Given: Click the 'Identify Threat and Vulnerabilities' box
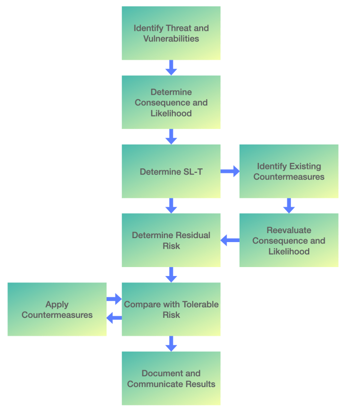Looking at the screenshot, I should [171, 33].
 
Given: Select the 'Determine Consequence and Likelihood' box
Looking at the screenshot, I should [171, 102].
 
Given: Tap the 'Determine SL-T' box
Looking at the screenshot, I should [171, 171].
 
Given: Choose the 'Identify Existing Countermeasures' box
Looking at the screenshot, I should [289, 171].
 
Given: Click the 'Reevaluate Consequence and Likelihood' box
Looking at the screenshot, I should [289, 240].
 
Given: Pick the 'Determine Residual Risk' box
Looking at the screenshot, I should [171, 240].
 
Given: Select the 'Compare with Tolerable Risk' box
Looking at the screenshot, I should [171, 309].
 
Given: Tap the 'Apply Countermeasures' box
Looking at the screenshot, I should [57, 309].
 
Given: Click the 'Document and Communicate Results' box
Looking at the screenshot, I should [171, 378].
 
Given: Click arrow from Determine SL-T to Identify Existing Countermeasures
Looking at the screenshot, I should [230, 171].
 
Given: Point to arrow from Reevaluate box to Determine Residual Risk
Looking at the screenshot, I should [230, 241].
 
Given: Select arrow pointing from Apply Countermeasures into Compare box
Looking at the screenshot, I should [114, 299].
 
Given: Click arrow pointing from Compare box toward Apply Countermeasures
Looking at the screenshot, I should [114, 318].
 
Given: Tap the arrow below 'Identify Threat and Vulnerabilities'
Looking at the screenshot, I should [171, 68].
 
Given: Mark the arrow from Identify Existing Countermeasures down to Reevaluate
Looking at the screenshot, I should [289, 206].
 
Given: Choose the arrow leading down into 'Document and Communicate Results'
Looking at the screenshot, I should [171, 344].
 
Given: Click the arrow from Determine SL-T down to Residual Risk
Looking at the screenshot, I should [171, 206].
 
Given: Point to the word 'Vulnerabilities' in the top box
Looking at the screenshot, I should [171, 38].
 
